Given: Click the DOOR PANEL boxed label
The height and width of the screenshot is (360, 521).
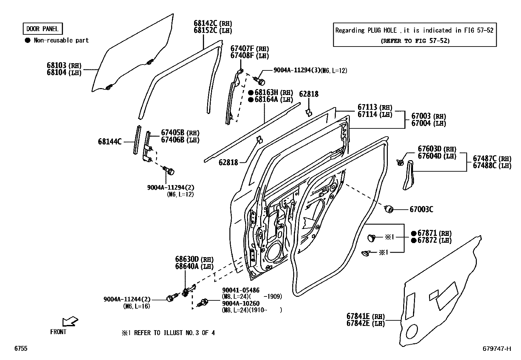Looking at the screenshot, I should tap(42, 29).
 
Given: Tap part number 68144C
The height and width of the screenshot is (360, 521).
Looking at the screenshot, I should tap(110, 142).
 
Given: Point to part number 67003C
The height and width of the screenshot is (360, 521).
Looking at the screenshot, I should tap(421, 209).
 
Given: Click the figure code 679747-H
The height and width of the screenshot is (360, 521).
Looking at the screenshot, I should tap(496, 349).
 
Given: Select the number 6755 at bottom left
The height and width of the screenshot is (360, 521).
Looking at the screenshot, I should tap(21, 349).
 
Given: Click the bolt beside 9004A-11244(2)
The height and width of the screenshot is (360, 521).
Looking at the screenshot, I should tap(171, 298).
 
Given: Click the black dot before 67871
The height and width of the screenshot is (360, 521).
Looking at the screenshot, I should tap(414, 233).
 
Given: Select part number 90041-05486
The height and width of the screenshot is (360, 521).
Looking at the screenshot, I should tap(241, 290).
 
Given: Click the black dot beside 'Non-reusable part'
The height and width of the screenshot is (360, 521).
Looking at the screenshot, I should tap(27, 40).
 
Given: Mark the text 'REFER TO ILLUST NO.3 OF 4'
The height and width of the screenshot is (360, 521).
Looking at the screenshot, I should tap(174, 333).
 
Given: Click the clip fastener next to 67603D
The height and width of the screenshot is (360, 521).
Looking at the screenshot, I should tap(400, 161).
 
